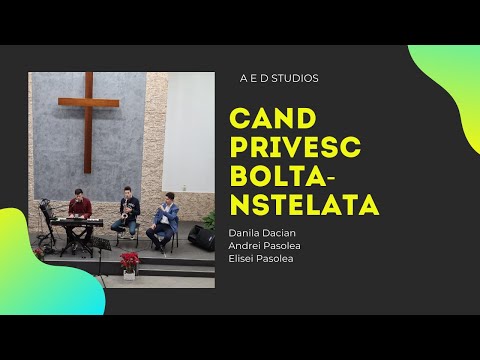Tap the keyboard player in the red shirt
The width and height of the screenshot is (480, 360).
pos(80,207)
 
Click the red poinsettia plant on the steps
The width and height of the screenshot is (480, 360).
pos(128,262)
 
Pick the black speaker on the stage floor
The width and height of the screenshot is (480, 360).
pos(201,238)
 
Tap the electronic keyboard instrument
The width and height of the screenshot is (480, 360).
pos(72,222)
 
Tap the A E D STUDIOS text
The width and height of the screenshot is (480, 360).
pos(280,77)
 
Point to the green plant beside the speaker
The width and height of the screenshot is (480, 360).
pos(209,219)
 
